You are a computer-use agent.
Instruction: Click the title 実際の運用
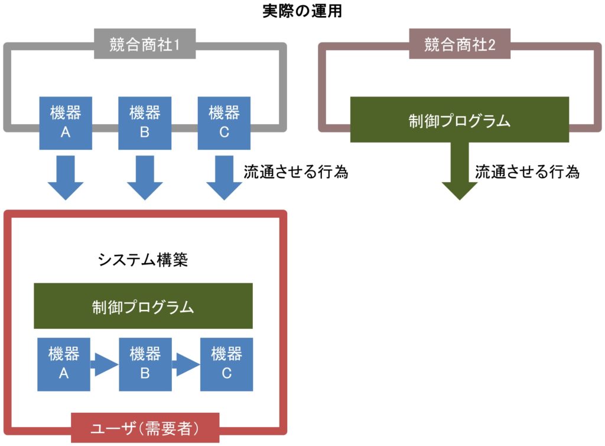pyautogui.click(x=302, y=11)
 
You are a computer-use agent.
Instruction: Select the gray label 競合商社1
pyautogui.click(x=144, y=45)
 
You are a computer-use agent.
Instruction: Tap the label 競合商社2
pyautogui.click(x=459, y=45)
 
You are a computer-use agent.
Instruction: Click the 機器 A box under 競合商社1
pyautogui.click(x=66, y=122)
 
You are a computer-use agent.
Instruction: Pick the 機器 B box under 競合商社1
pyautogui.click(x=145, y=122)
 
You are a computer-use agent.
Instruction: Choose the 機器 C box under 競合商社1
pyautogui.click(x=224, y=122)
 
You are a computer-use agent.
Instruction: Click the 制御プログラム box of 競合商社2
pyautogui.click(x=459, y=119)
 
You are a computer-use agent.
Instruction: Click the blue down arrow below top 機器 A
pyautogui.click(x=66, y=177)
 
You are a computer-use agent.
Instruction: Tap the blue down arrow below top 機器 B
pyautogui.click(x=145, y=177)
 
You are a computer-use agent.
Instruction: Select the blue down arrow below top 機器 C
pyautogui.click(x=224, y=177)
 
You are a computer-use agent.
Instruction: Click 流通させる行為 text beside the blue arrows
pyautogui.click(x=295, y=172)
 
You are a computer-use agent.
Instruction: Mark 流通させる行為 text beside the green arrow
pyautogui.click(x=527, y=172)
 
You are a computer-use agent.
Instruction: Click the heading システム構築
pyautogui.click(x=142, y=260)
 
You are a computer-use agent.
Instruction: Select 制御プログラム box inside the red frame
pyautogui.click(x=143, y=306)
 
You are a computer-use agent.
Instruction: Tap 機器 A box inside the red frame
pyautogui.click(x=63, y=364)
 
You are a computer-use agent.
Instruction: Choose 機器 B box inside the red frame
pyautogui.click(x=145, y=364)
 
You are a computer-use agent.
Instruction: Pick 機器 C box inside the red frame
pyautogui.click(x=226, y=364)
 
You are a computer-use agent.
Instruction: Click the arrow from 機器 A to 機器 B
pyautogui.click(x=104, y=364)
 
